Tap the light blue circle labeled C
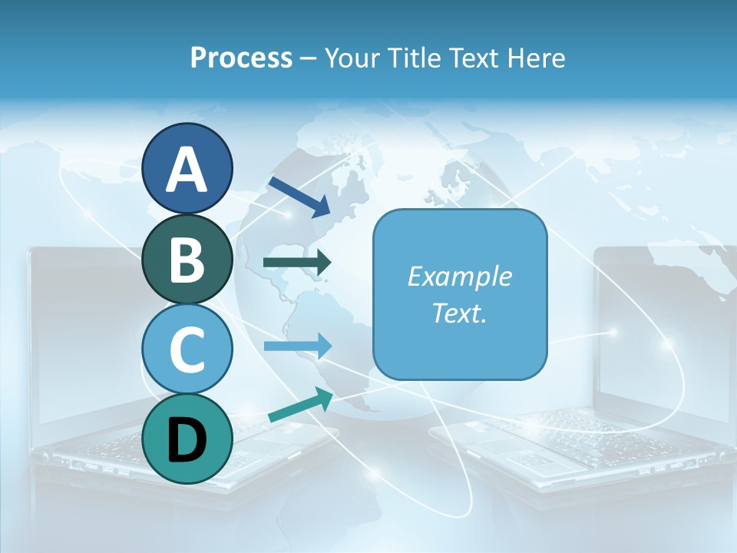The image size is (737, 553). [187, 349]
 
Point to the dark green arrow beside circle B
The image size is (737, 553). [297, 263]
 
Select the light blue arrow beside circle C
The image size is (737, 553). [297, 346]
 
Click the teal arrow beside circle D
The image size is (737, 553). [300, 406]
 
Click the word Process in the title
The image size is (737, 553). [241, 58]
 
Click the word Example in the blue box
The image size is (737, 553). [459, 276]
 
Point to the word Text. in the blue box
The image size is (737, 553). [459, 313]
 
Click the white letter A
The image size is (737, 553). [187, 169]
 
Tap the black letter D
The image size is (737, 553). [187, 440]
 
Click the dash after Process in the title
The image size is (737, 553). [309, 59]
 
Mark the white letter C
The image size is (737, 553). [187, 349]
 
